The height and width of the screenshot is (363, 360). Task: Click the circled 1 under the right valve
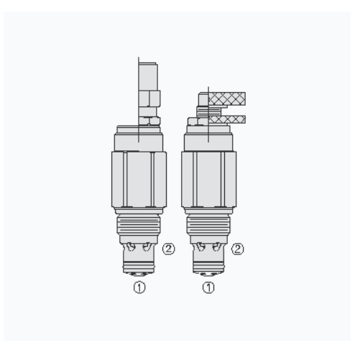click(x=208, y=288)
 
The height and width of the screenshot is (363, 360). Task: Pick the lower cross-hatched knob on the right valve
click(x=231, y=119)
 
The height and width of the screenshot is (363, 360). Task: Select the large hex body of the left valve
click(x=139, y=178)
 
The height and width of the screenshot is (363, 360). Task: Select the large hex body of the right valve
click(x=208, y=178)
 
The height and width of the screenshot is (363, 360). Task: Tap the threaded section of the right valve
click(x=208, y=229)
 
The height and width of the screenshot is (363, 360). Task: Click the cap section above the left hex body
click(x=139, y=137)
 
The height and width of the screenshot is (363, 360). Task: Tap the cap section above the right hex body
click(x=208, y=137)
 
